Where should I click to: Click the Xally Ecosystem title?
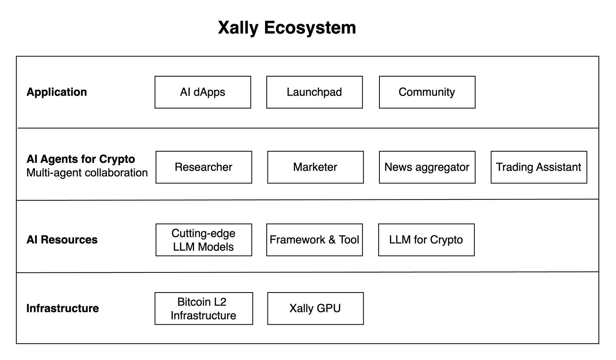click(x=287, y=28)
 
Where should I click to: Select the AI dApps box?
click(x=203, y=92)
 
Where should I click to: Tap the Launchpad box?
click(x=314, y=92)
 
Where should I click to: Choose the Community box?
click(x=427, y=92)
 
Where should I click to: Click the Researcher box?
click(x=204, y=167)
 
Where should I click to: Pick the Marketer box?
click(x=316, y=167)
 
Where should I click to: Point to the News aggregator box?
click(x=427, y=167)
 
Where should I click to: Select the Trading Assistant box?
click(x=539, y=167)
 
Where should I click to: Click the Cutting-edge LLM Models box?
click(x=204, y=240)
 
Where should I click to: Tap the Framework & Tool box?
click(x=314, y=240)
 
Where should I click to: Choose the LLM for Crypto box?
click(x=426, y=240)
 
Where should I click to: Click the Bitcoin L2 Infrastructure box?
click(x=204, y=309)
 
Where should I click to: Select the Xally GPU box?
click(x=316, y=309)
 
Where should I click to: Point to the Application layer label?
click(x=57, y=92)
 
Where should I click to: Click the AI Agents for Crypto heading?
click(x=81, y=159)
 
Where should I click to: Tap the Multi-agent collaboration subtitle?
click(x=87, y=173)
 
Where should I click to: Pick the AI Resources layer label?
click(x=62, y=240)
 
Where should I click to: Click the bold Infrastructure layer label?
click(x=63, y=308)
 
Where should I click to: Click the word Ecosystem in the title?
click(x=310, y=28)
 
